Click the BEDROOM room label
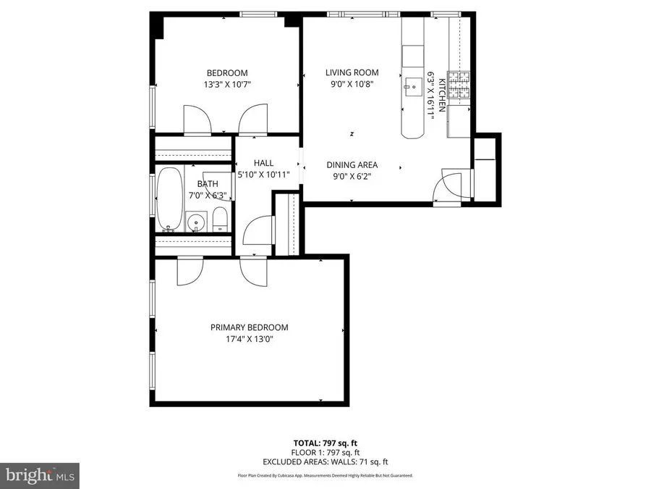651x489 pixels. (227, 72)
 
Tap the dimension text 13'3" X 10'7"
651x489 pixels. (227, 85)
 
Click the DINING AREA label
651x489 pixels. (352, 164)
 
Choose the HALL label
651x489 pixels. (263, 163)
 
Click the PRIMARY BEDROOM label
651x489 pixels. (249, 327)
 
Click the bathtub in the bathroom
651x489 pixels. (171, 199)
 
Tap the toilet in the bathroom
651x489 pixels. (220, 220)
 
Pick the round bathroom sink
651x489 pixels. (195, 221)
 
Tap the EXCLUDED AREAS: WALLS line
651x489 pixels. (325, 461)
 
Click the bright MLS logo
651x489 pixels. (39, 475)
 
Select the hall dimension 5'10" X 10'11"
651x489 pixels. (263, 175)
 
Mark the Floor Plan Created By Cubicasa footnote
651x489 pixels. (325, 476)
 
